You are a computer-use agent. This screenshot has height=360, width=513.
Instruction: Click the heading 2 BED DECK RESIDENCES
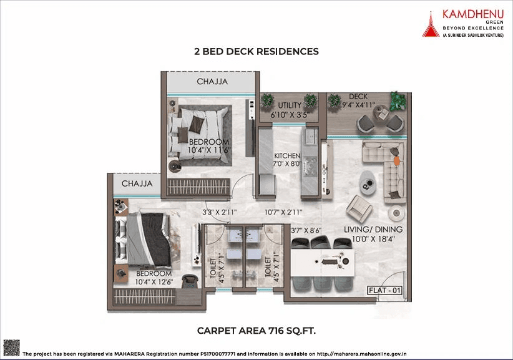256,52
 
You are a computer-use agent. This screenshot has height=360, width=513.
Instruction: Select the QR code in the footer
11,348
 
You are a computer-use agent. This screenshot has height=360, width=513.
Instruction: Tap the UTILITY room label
290,105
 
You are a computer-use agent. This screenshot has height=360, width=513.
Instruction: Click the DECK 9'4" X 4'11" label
358,100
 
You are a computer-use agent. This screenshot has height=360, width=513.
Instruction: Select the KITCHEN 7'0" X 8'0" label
288,160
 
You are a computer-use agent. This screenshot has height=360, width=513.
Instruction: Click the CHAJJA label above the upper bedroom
212,82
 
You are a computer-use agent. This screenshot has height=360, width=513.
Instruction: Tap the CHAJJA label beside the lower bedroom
137,183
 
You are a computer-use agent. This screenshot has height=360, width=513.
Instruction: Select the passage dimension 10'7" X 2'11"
285,212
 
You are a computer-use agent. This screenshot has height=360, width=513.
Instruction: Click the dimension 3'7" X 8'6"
306,230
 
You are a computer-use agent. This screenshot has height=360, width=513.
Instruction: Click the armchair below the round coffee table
359,207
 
